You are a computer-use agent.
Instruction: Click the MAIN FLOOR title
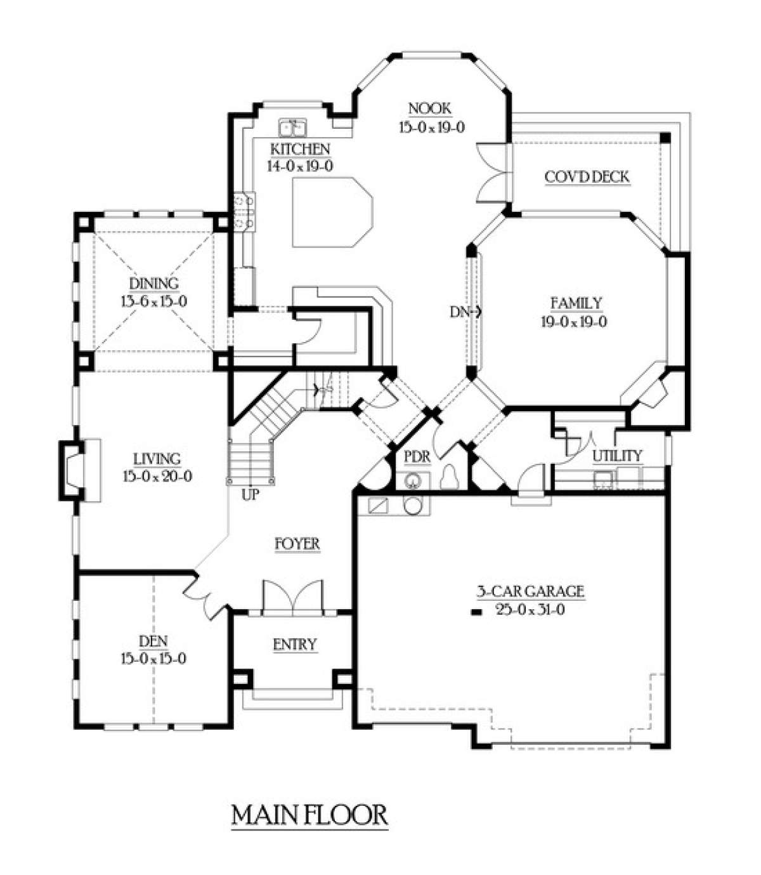point(309,815)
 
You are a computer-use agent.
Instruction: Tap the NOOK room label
point(429,109)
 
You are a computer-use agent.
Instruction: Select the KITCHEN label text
point(301,149)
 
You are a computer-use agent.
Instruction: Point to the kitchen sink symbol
point(292,128)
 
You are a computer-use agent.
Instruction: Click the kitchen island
point(332,212)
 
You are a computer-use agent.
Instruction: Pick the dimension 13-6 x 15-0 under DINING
point(154,301)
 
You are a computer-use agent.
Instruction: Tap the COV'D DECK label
point(587,176)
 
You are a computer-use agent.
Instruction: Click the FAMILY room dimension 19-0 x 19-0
point(575,322)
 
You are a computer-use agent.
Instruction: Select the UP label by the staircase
point(250,495)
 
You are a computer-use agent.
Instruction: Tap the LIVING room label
point(157,459)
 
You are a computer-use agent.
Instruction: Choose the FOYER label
point(297,544)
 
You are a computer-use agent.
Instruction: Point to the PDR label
point(417,457)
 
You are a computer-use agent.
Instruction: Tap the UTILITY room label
point(617,456)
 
